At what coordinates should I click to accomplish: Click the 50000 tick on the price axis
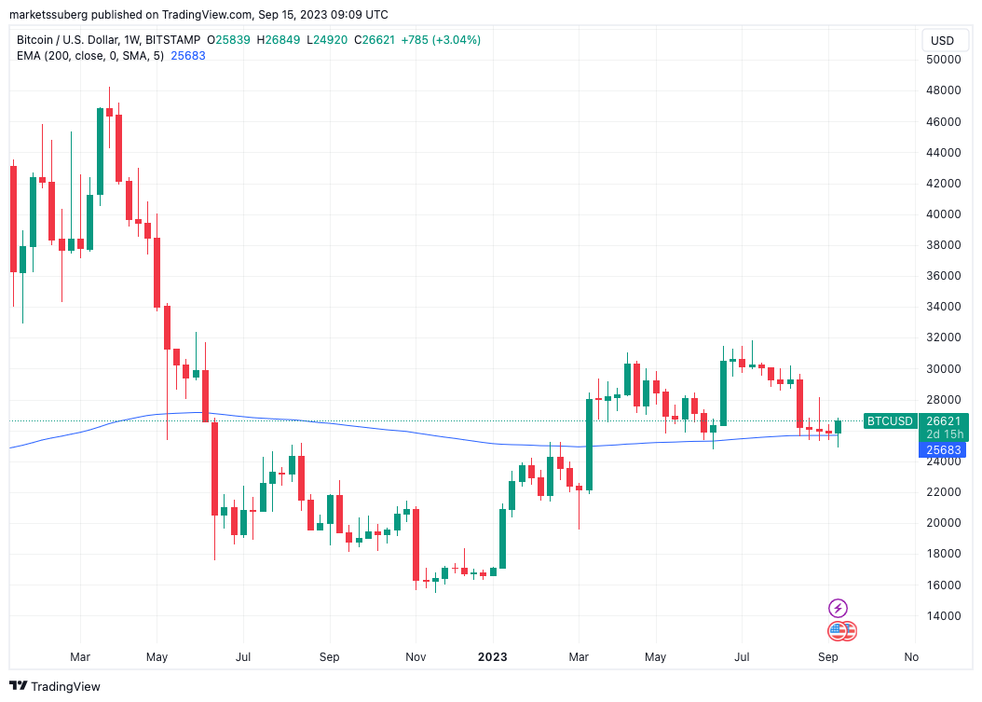coord(942,60)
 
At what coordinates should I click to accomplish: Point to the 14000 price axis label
coord(942,616)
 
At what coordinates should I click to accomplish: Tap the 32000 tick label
coord(942,337)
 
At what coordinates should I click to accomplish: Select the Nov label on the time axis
coord(416,656)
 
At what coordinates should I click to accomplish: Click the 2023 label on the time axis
coord(493,656)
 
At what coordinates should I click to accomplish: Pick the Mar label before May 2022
coord(80,656)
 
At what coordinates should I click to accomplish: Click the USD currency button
coord(942,40)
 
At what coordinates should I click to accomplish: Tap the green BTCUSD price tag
coord(890,420)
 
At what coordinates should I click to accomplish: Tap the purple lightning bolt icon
coord(838,608)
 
